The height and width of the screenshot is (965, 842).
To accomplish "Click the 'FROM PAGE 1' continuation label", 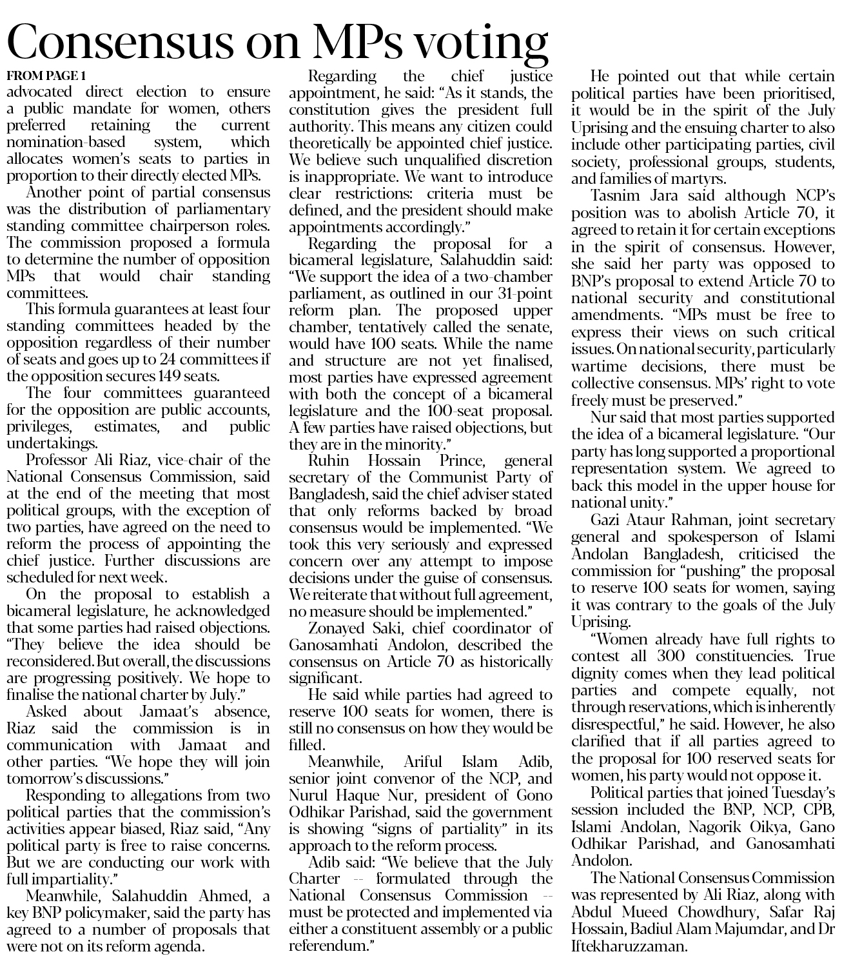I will tap(46, 75).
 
